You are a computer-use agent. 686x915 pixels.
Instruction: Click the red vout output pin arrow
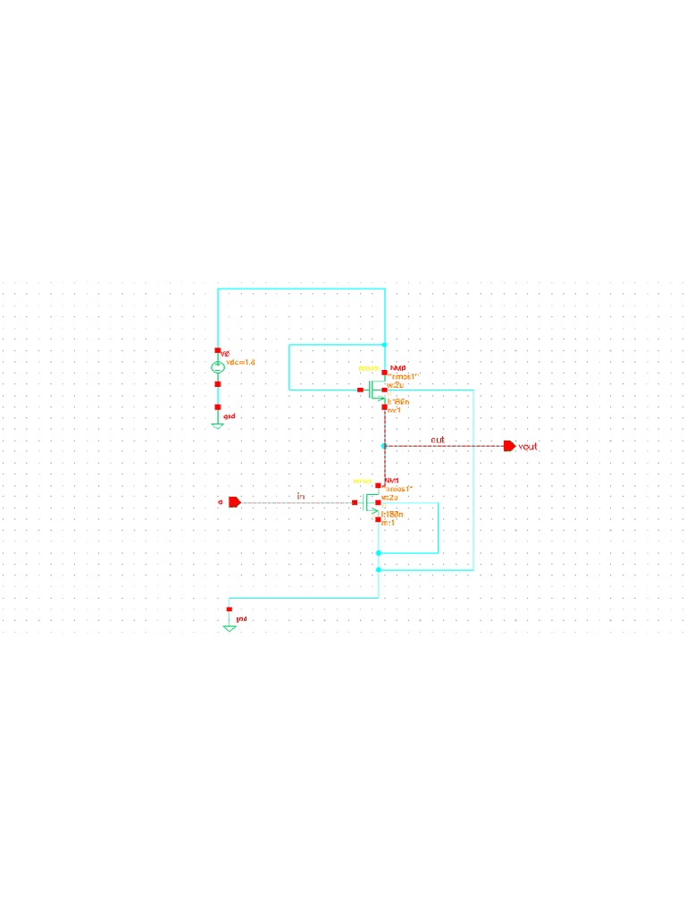pyautogui.click(x=509, y=446)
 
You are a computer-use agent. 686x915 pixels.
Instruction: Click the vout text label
pyautogui.click(x=528, y=446)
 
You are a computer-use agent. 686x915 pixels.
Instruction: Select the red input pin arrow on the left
pyautogui.click(x=234, y=502)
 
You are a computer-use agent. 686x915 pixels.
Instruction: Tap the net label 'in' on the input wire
pyautogui.click(x=301, y=496)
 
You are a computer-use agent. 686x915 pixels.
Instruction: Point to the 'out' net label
pyautogui.click(x=438, y=440)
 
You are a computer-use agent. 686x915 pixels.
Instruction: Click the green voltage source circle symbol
pyautogui.click(x=217, y=367)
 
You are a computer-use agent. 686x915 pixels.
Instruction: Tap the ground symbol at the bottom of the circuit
pyautogui.click(x=230, y=627)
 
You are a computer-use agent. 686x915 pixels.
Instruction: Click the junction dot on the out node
pyautogui.click(x=384, y=445)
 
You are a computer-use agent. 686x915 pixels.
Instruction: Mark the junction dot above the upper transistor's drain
pyautogui.click(x=384, y=344)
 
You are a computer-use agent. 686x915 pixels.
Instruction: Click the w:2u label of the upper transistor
pyautogui.click(x=394, y=385)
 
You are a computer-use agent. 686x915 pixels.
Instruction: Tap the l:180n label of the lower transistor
pyautogui.click(x=394, y=516)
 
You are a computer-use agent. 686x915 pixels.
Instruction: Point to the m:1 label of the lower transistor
pyautogui.click(x=389, y=523)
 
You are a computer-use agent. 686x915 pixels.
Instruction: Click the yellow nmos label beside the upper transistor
pyautogui.click(x=368, y=368)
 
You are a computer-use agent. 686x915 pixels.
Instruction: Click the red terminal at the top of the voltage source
pyautogui.click(x=217, y=351)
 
